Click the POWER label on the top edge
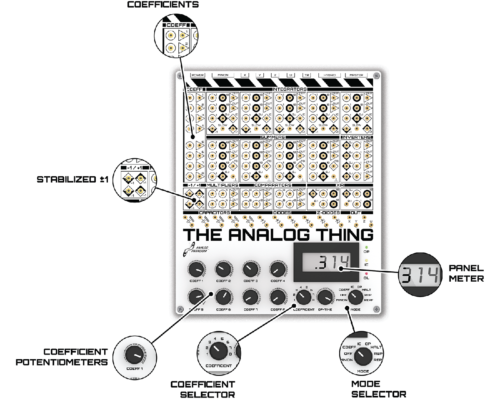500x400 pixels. click(x=197, y=75)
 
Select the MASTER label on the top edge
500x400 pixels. click(x=356, y=75)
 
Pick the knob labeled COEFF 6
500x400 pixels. click(x=222, y=297)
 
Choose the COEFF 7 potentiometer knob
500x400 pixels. click(x=250, y=297)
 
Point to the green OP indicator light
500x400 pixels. click(x=366, y=247)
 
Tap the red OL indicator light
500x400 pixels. click(x=366, y=273)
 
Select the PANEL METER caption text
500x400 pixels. click(x=466, y=273)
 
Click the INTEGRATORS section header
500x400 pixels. click(x=290, y=89)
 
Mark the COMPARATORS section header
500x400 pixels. click(x=273, y=185)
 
